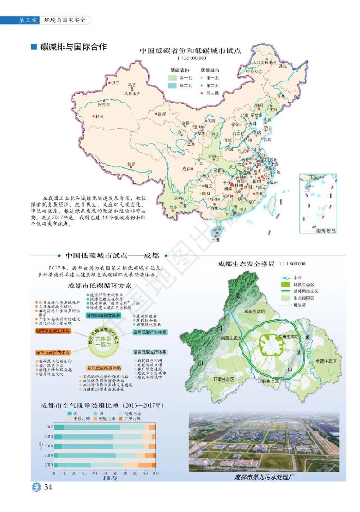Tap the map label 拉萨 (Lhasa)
131,164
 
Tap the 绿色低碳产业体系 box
149,332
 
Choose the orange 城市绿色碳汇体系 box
52,331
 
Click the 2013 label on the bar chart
48,464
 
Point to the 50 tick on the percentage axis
104,473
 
